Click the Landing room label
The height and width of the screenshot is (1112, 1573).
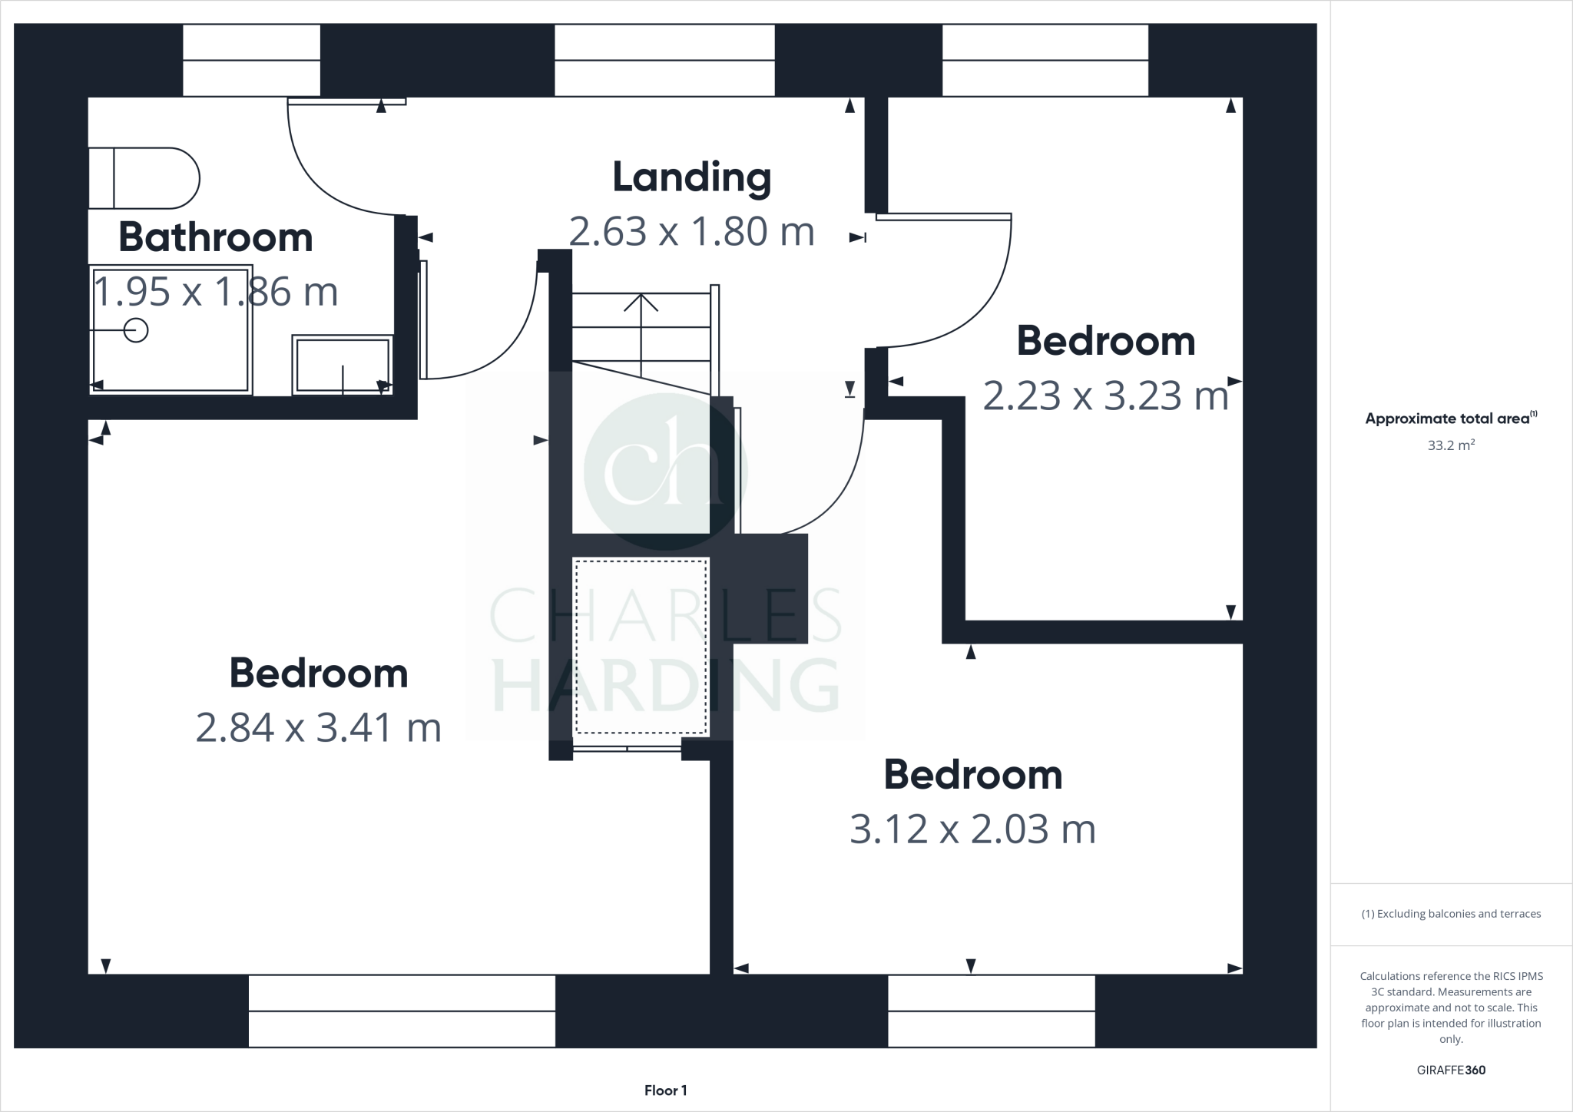pyautogui.click(x=691, y=177)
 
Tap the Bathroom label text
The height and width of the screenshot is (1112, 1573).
pyautogui.click(x=216, y=237)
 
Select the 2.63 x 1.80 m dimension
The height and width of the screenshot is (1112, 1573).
pyautogui.click(x=691, y=231)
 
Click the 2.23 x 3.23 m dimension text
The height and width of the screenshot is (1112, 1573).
pyautogui.click(x=1106, y=396)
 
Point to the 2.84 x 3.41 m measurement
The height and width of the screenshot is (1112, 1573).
pyautogui.click(x=319, y=727)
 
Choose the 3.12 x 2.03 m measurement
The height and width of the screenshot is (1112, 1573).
pyautogui.click(x=972, y=829)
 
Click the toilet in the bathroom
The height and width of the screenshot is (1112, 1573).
pyautogui.click(x=144, y=178)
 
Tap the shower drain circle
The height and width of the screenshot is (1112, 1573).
pyautogui.click(x=136, y=331)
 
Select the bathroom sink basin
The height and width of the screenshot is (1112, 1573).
pyautogui.click(x=343, y=365)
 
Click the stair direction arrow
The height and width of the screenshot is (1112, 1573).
pyautogui.click(x=641, y=303)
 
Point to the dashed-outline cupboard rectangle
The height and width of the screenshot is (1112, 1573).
pyautogui.click(x=641, y=647)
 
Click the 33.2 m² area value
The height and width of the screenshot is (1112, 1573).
pyautogui.click(x=1451, y=445)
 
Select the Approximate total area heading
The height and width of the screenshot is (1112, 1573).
pyautogui.click(x=1450, y=419)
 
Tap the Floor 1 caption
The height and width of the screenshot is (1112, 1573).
pyautogui.click(x=665, y=1090)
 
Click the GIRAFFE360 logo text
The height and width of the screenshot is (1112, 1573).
pyautogui.click(x=1451, y=1070)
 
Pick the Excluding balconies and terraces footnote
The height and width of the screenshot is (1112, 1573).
pyautogui.click(x=1451, y=914)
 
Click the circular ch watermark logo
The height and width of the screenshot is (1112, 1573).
pyautogui.click(x=665, y=472)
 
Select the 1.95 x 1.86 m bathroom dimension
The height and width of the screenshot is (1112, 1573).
pyautogui.click(x=216, y=292)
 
